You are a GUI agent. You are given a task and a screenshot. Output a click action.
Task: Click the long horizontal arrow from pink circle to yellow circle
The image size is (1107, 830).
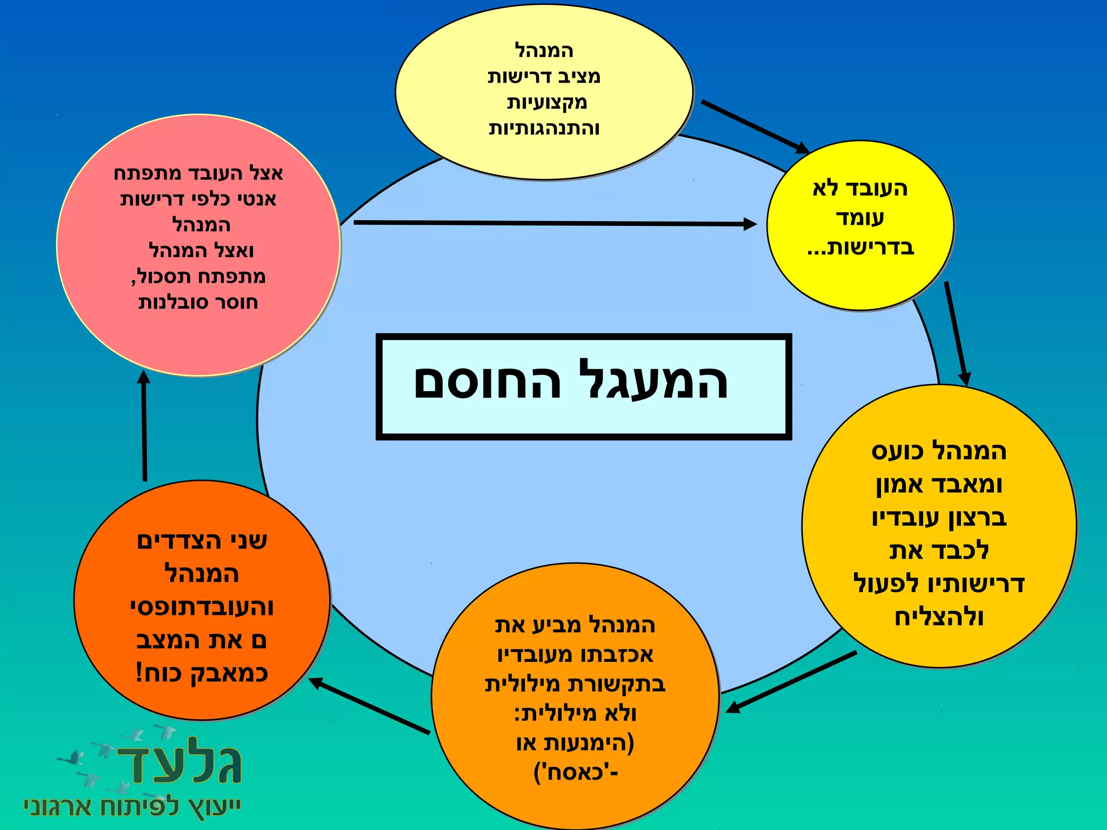pyautogui.click(x=554, y=223)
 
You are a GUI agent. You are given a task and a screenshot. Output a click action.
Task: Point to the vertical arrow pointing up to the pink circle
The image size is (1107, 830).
pyautogui.click(x=144, y=427)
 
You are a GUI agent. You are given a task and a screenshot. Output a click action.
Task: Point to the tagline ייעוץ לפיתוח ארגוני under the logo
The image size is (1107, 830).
pyautogui.click(x=132, y=807)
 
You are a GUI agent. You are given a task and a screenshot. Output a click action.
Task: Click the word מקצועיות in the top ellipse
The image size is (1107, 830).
pyautogui.click(x=546, y=102)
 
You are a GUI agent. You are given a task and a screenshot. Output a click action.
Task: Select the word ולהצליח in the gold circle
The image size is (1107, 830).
pyautogui.click(x=939, y=617)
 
